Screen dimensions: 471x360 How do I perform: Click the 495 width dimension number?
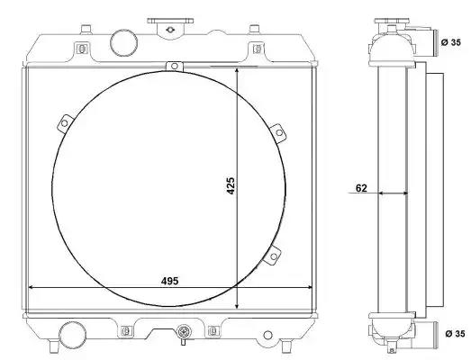click(169, 281)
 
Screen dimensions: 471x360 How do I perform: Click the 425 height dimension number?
click(231, 186)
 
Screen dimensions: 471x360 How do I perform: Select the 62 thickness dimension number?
click(361, 188)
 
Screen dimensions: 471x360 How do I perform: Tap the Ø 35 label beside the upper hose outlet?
click(451, 42)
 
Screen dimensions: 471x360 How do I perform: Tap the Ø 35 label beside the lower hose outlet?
click(455, 334)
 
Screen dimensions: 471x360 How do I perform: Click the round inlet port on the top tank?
click(123, 42)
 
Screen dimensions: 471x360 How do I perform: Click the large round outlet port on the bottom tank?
click(72, 335)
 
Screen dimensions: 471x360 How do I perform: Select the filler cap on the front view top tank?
click(170, 27)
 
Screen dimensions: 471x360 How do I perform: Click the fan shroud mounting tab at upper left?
click(65, 123)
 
